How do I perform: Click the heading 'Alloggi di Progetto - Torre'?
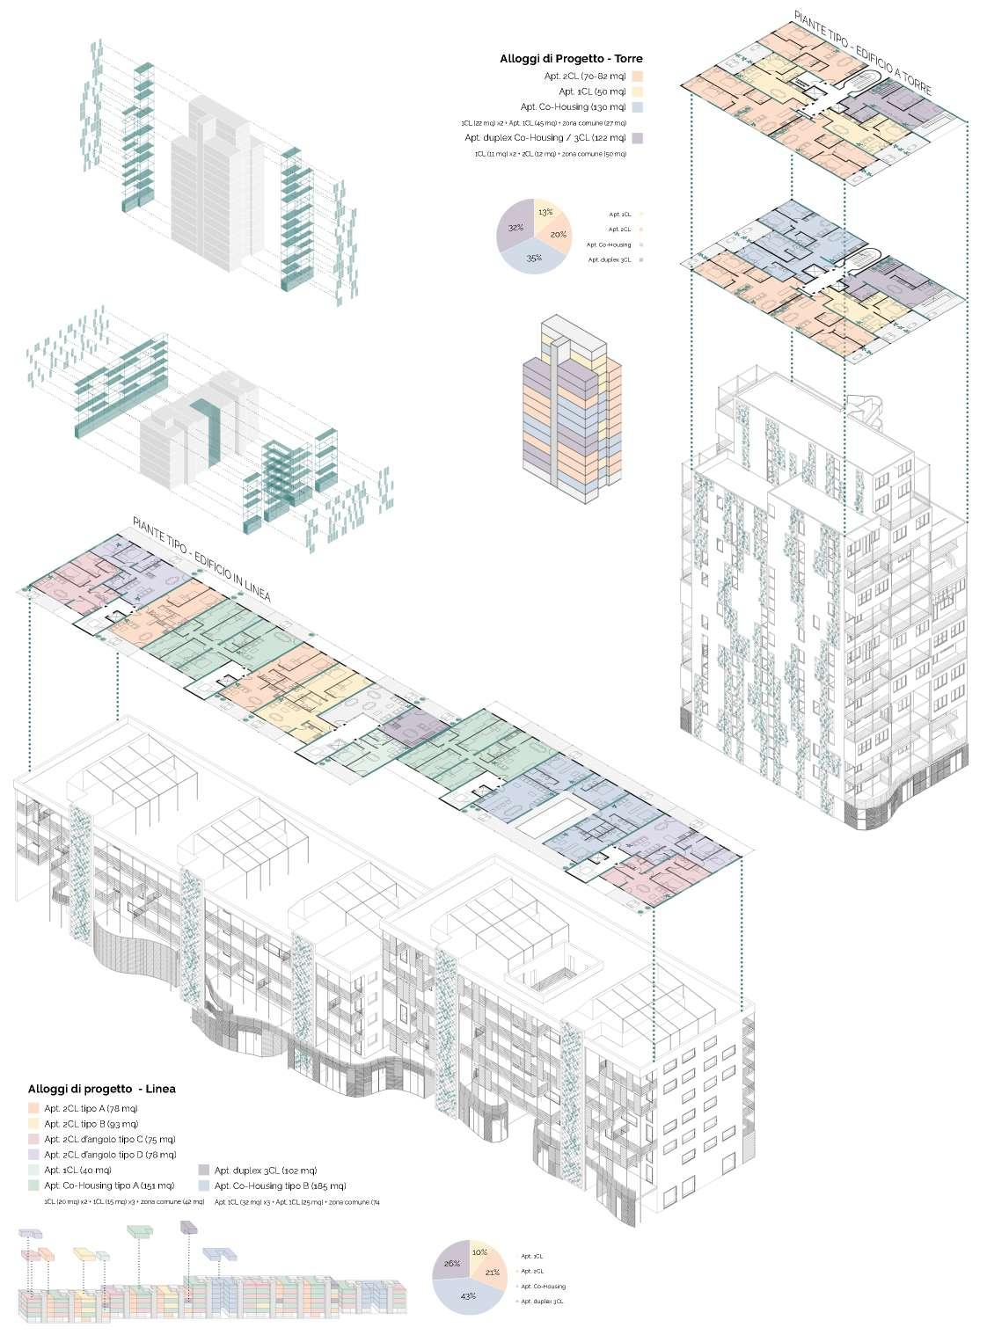click(x=571, y=59)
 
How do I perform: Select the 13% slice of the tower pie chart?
click(x=545, y=213)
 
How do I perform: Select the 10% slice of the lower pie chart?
click(x=479, y=1251)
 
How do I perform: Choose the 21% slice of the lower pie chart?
click(x=492, y=1271)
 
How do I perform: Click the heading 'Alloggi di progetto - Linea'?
click(x=102, y=1089)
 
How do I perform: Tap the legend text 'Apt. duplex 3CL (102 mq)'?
click(x=265, y=1171)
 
